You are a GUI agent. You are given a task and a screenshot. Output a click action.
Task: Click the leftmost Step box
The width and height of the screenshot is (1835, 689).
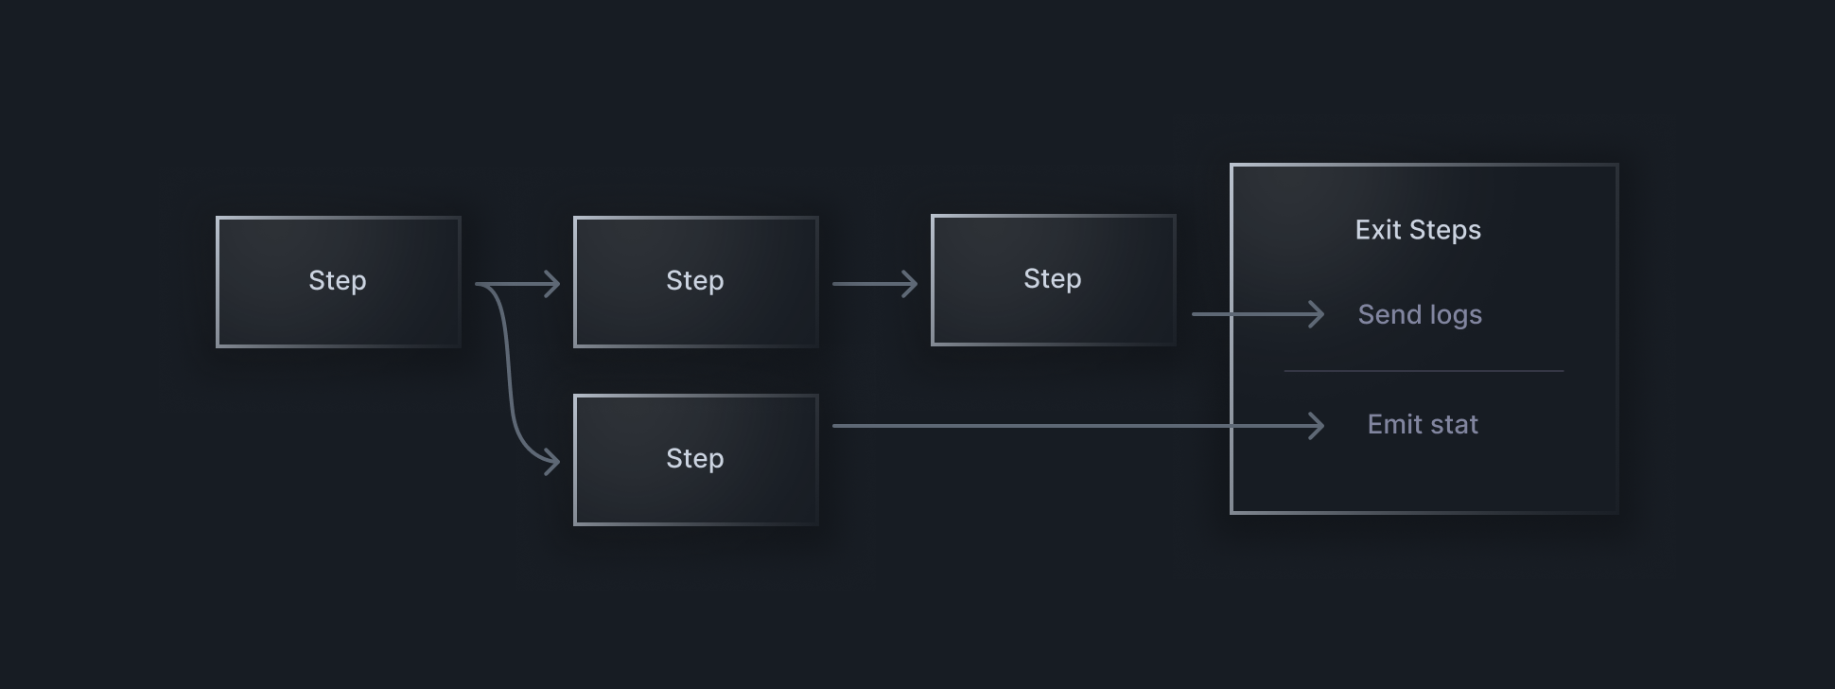pos(339,282)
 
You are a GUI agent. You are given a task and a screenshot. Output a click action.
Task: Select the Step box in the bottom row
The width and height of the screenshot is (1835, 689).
pos(696,460)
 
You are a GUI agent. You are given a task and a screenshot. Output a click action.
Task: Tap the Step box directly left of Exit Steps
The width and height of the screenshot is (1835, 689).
pos(1054,280)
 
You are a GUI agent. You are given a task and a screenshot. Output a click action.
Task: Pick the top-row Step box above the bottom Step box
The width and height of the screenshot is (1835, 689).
pos(696,282)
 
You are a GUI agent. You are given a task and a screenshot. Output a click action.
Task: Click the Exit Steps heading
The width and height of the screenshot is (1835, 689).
pos(1418,230)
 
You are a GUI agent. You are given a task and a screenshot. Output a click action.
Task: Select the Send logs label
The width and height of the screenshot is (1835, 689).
pos(1420,314)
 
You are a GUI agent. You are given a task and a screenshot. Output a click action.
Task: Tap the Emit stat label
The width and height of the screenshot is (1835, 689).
pos(1423,425)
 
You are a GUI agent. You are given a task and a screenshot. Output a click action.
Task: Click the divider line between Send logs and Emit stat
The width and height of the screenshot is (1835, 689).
pos(1424,371)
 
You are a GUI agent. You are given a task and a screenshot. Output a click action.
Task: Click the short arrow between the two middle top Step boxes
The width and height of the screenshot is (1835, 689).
pos(875,284)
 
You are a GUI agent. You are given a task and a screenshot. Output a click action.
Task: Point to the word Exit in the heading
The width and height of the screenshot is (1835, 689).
pos(1378,230)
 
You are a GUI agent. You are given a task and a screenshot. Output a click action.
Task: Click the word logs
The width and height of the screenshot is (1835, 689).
pos(1456,315)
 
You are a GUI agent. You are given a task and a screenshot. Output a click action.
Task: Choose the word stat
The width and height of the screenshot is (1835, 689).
pos(1456,425)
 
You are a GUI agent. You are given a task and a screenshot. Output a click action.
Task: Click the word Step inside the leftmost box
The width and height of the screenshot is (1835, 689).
pos(338,281)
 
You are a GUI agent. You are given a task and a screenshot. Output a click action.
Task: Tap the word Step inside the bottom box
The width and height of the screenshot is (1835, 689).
pos(695,459)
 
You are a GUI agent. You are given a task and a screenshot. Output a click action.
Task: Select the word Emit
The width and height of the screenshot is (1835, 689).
pos(1395,425)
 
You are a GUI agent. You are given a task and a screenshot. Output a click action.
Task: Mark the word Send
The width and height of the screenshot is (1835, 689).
pos(1389,314)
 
